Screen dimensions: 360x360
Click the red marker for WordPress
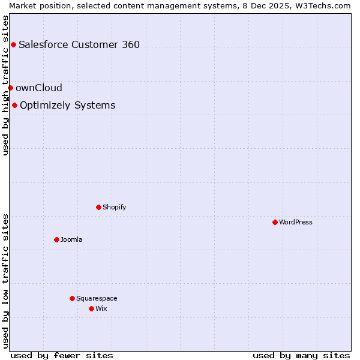pyautogui.click(x=275, y=222)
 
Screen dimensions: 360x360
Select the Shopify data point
pyautogui.click(x=98, y=207)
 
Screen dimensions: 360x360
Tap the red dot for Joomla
pyautogui.click(x=56, y=239)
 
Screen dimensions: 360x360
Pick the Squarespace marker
pyautogui.click(x=72, y=298)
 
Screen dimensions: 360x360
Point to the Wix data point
pyautogui.click(x=91, y=308)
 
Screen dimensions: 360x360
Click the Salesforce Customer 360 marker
pyautogui.click(x=13, y=44)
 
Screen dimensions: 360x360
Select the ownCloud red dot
pyautogui.click(x=10, y=88)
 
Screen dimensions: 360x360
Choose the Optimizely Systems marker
pyautogui.click(x=14, y=106)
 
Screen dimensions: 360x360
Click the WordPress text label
pyautogui.click(x=296, y=222)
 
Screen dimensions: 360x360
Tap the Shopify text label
pyautogui.click(x=114, y=207)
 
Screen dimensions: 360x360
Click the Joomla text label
pyautogui.click(x=71, y=239)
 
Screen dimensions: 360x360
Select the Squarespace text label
pyautogui.click(x=97, y=298)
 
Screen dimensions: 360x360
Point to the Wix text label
pyautogui.click(x=101, y=308)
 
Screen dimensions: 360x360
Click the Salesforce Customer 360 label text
pyautogui.click(x=79, y=44)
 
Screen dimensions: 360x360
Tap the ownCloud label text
pyautogui.click(x=39, y=88)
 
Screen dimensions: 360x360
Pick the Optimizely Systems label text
pyautogui.click(x=68, y=106)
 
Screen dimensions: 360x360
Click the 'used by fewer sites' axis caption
pyautogui.click(x=62, y=355)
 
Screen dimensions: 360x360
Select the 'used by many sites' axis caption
pyautogui.click(x=301, y=355)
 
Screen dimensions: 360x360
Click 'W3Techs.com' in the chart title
pyautogui.click(x=325, y=5)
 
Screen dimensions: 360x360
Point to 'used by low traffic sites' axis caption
pyautogui.click(x=5, y=281)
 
